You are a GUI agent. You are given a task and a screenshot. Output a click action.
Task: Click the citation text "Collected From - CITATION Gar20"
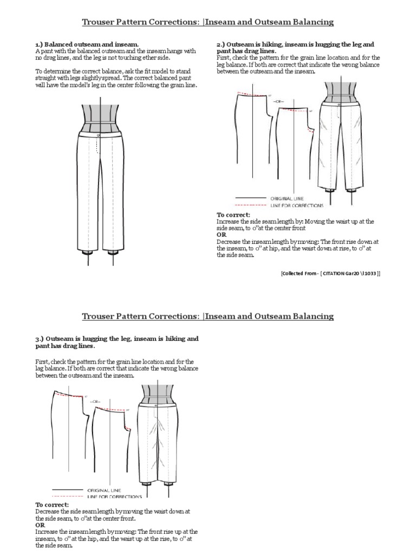[330, 274]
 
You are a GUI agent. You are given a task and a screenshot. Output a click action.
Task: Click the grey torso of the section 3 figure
[156, 393]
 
